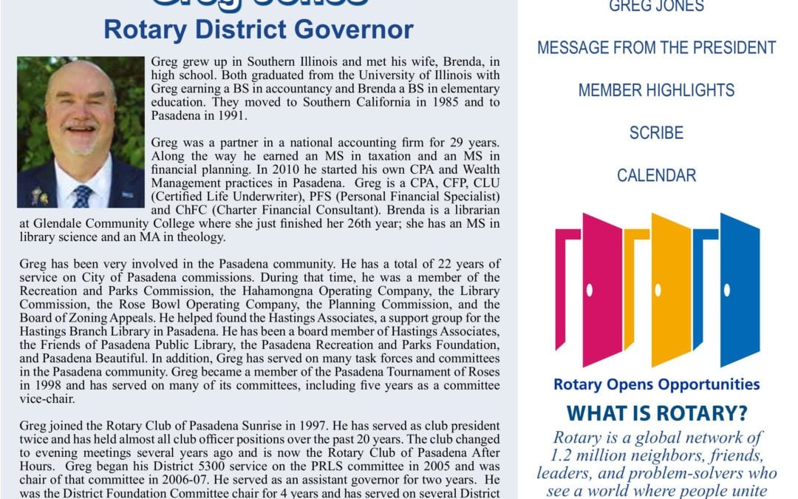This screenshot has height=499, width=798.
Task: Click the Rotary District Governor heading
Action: [258, 30]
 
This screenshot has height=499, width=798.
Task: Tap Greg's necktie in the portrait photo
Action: [82, 195]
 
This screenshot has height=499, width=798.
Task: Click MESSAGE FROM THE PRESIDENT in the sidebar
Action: [656, 48]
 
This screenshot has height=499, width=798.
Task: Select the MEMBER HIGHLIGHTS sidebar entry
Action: [656, 90]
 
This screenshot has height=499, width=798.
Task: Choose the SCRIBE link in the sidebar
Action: [656, 133]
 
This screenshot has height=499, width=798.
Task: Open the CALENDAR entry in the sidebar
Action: [656, 175]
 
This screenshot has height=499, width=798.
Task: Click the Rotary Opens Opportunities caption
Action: [656, 384]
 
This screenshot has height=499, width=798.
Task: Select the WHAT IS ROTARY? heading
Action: [656, 412]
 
